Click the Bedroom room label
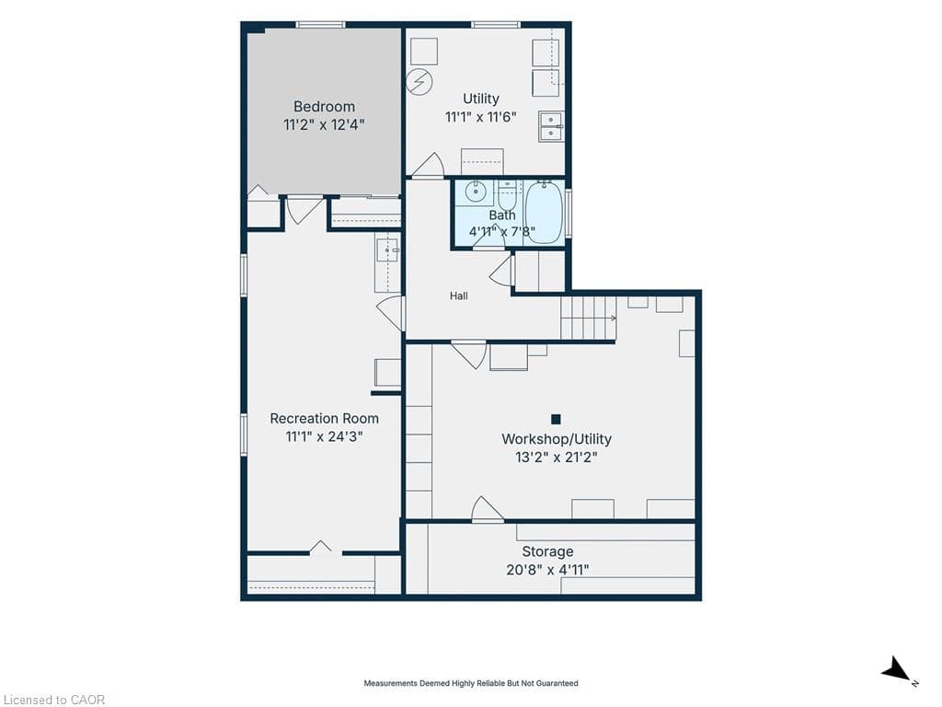point(324,107)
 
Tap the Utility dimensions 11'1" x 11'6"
point(480,117)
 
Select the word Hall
point(459,296)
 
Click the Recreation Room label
point(324,419)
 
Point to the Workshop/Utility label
point(557,439)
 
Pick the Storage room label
point(547,551)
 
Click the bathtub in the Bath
point(545,213)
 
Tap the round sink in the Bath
point(476,192)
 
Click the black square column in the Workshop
point(556,419)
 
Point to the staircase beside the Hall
point(589,318)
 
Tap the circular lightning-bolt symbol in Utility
point(419,81)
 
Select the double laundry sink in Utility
point(551,126)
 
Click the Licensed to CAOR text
point(52,700)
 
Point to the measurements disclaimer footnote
point(471,683)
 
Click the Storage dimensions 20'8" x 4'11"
point(547,570)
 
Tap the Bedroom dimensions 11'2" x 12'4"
point(324,125)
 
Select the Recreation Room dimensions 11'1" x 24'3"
point(324,436)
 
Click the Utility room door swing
point(428,164)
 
